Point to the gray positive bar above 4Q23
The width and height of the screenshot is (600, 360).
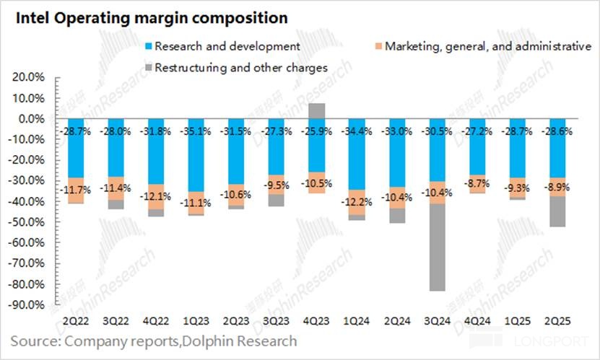(316, 110)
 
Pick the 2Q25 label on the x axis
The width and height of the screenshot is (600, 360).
(555, 320)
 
